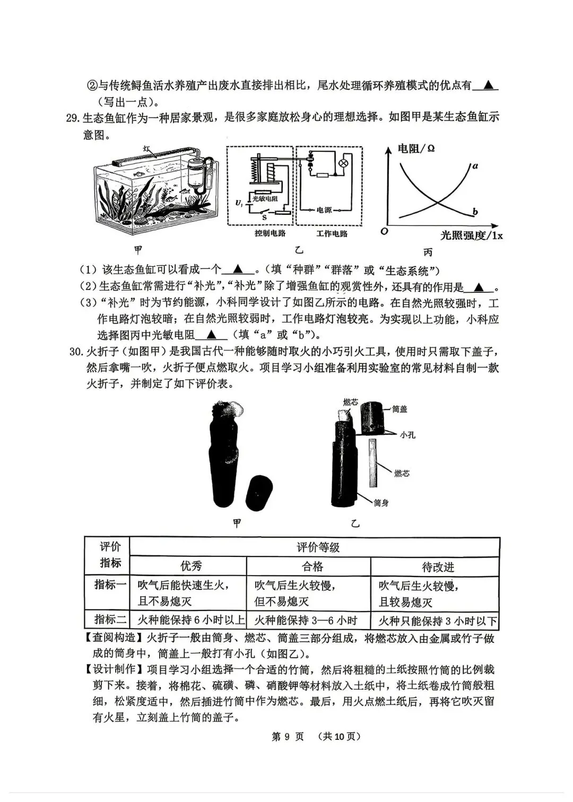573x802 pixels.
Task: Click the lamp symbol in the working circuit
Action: point(343,162)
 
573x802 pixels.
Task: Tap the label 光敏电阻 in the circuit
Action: point(264,198)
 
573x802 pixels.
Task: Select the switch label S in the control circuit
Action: point(264,217)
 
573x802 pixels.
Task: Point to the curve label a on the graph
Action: point(475,166)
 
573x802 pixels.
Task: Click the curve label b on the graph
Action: point(475,212)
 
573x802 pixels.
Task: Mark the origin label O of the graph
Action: point(384,231)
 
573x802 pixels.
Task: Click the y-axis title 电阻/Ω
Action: point(416,149)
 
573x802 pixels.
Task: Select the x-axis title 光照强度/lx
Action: point(471,236)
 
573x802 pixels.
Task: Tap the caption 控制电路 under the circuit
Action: point(270,233)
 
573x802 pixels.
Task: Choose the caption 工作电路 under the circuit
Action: point(332,233)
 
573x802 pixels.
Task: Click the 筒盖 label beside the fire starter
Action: point(415,409)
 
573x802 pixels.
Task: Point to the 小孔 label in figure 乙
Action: point(407,434)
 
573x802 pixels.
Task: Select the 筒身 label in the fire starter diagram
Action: point(381,502)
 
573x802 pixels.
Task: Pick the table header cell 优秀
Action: point(191,566)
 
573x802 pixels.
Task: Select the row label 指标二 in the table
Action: point(110,619)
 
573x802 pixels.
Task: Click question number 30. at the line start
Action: point(76,352)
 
